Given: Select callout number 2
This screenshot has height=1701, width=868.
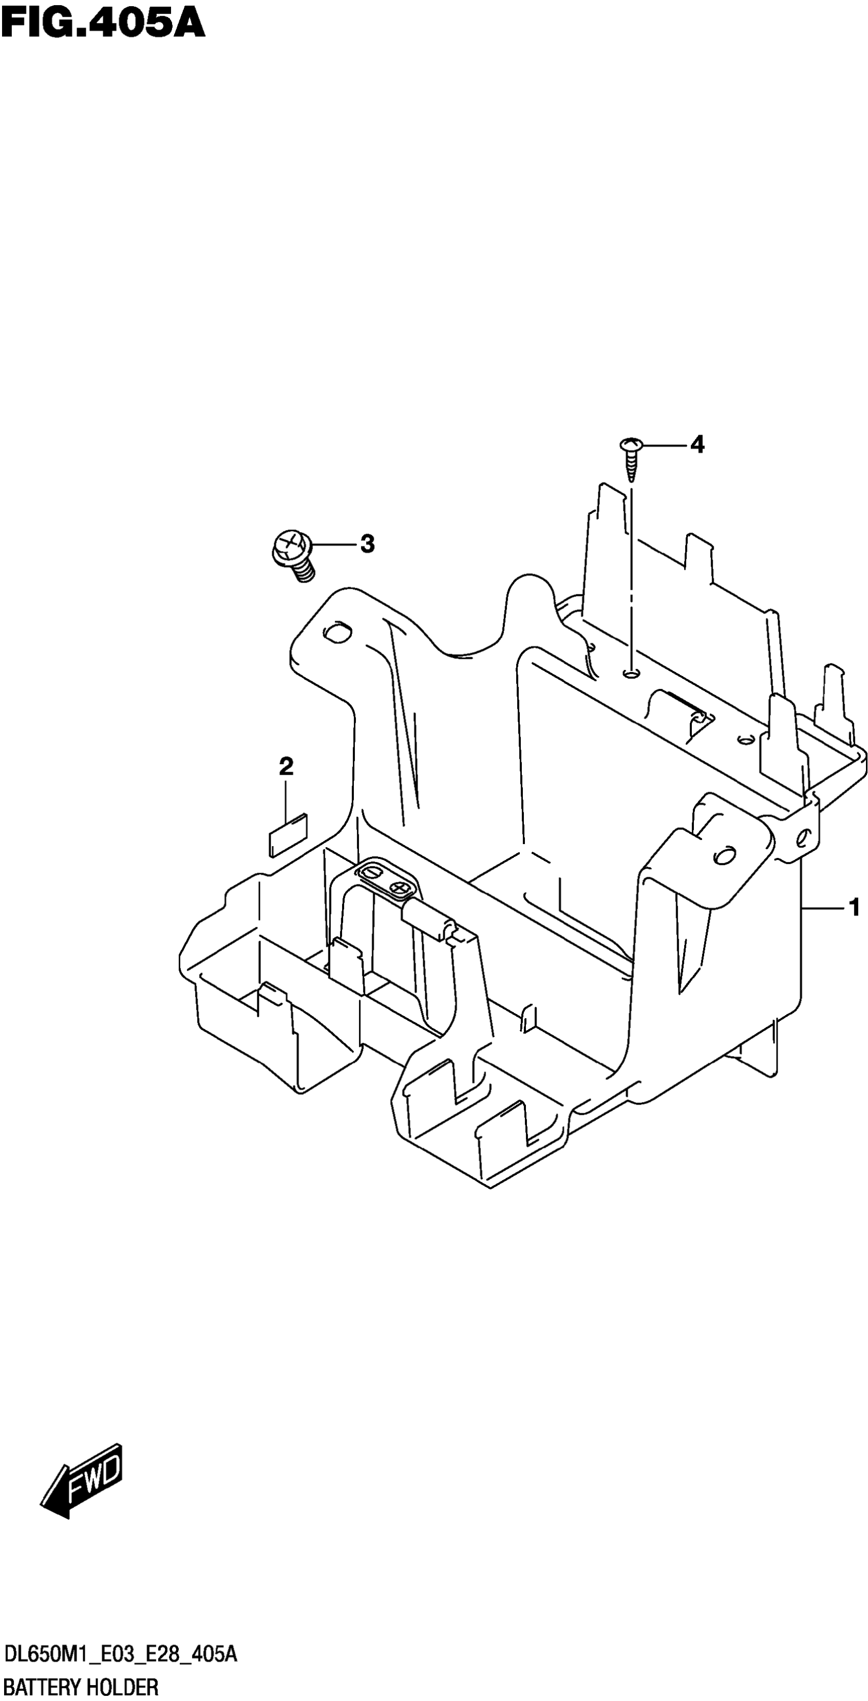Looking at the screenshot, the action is click(286, 766).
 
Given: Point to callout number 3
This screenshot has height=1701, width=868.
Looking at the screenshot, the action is click(367, 544).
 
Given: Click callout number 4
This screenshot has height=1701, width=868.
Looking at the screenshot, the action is click(697, 444).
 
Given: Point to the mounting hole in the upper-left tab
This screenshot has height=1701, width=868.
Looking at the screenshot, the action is click(338, 631).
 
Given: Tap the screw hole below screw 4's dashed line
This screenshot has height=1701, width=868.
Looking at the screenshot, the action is click(631, 674).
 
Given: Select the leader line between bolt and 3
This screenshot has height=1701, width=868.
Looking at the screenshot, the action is click(334, 545).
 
